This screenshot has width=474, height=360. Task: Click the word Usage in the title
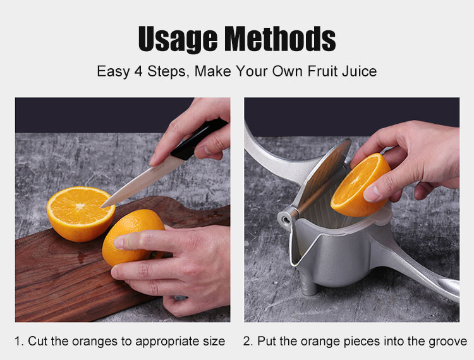(178, 39)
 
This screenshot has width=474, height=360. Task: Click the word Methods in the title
(280, 39)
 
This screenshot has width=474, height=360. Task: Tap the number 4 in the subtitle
(138, 71)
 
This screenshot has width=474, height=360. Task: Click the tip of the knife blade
(102, 207)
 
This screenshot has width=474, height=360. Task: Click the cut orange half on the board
(81, 213)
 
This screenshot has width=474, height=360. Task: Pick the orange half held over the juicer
(360, 185)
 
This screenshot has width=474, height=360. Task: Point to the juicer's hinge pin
(286, 217)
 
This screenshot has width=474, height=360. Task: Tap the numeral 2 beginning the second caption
(246, 341)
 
